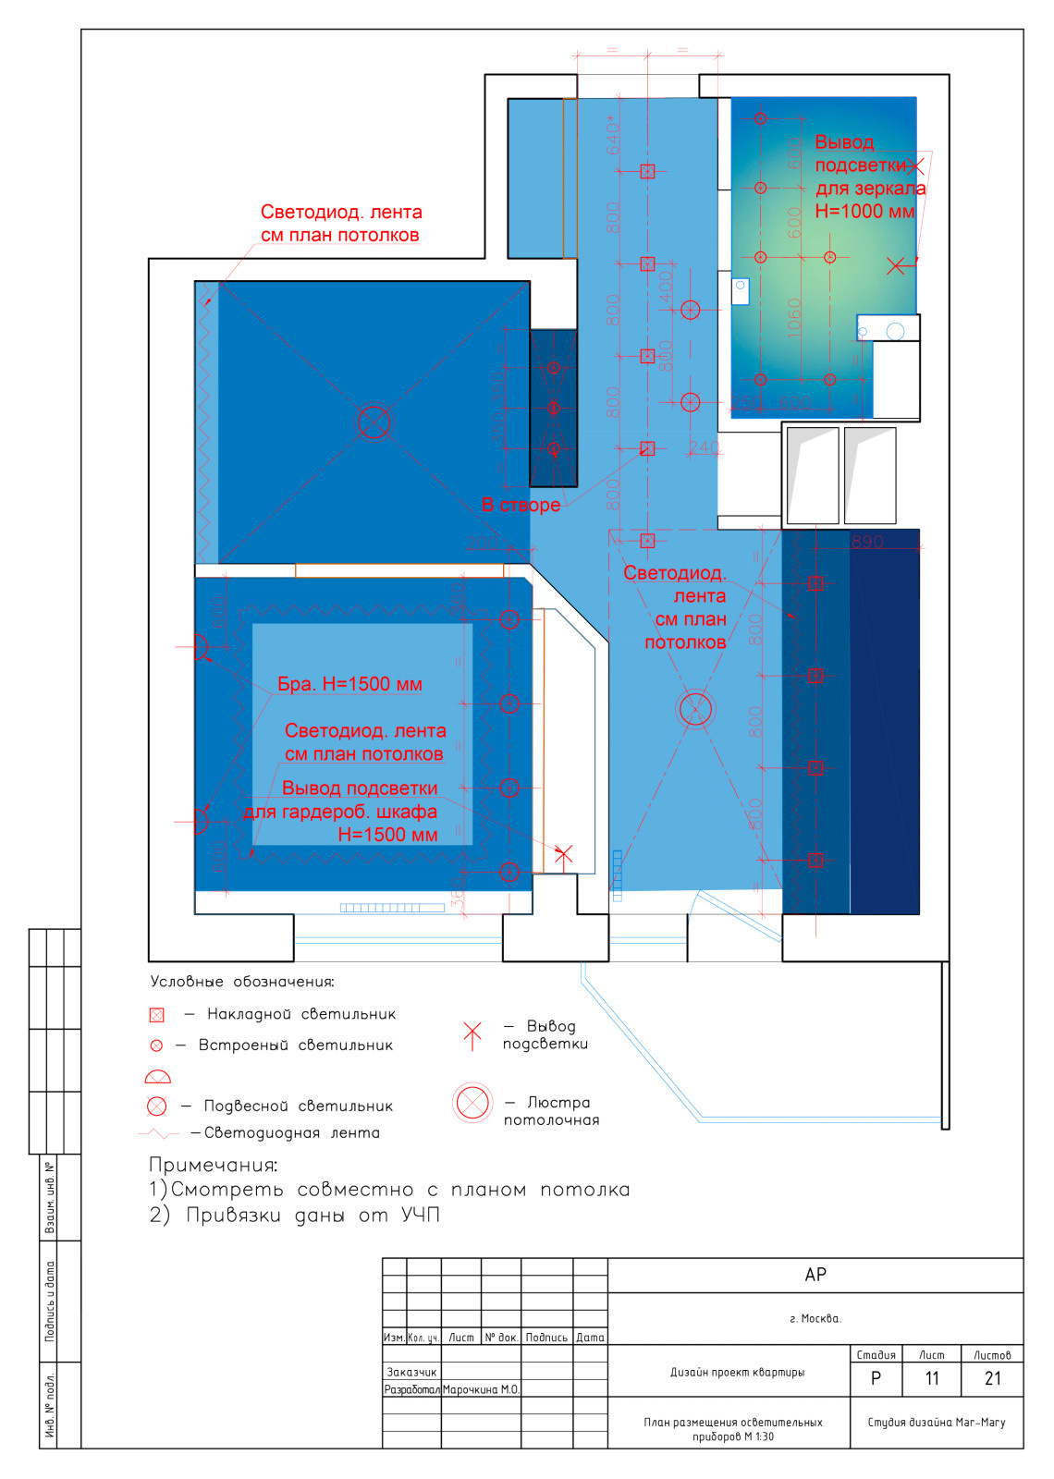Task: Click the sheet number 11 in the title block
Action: coord(931,1378)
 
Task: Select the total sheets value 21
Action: coord(992,1378)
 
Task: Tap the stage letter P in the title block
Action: coord(876,1378)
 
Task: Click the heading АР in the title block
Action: coord(815,1275)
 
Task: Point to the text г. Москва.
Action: coord(815,1318)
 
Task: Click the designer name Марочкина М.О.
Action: coord(481,1389)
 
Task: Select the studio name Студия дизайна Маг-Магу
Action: coord(936,1422)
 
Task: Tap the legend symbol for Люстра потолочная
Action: coord(472,1104)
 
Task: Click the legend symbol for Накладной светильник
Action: coord(157,1015)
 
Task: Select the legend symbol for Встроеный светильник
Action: coord(156,1045)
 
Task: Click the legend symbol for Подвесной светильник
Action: coord(157,1106)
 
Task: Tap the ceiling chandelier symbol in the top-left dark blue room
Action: coord(374,422)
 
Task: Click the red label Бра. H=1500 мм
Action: coord(349,684)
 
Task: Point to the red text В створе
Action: coord(521,505)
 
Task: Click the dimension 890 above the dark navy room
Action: coord(867,542)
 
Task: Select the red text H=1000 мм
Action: coord(864,211)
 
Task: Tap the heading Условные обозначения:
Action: coord(242,982)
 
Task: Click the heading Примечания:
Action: coord(214,1165)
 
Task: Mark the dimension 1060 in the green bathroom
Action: coord(793,318)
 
